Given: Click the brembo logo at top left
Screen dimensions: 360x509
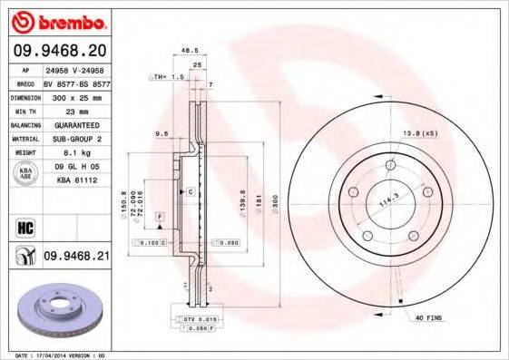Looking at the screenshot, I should tap(59, 21).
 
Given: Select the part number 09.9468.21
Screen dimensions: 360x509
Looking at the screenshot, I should tap(76, 257).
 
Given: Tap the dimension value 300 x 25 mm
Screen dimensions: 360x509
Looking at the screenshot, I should tap(74, 96).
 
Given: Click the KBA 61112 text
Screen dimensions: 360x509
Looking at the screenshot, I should tap(74, 181).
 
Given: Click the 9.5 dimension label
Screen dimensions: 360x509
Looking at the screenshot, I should tap(163, 134).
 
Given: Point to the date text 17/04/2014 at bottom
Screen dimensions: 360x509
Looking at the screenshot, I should tap(55, 356).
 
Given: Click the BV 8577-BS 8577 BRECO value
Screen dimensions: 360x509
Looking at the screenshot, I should tap(74, 81).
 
